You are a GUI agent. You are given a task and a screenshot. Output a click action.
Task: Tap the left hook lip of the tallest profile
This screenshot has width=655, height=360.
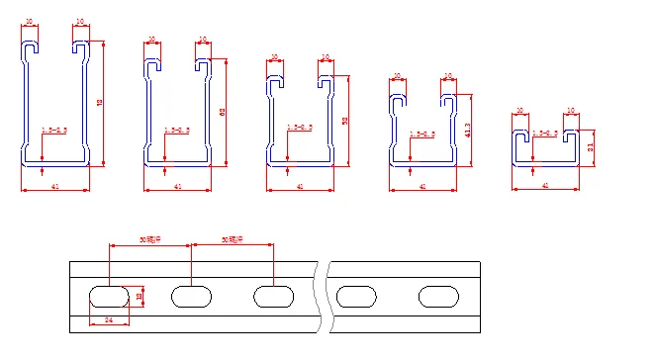[x=32, y=47]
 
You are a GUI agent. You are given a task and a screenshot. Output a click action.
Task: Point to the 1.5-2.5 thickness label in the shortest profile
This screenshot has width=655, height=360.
[x=544, y=134]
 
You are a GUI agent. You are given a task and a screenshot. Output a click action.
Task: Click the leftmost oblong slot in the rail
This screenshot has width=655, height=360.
[x=109, y=295]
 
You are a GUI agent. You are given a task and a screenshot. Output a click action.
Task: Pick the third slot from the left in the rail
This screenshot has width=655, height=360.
[x=274, y=295]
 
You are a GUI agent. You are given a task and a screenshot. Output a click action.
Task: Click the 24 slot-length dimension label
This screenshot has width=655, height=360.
[x=109, y=319]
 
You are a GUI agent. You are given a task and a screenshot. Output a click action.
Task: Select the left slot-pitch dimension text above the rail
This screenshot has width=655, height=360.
[x=150, y=239]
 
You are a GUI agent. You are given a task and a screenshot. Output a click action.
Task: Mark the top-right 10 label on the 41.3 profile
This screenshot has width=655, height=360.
[x=447, y=76]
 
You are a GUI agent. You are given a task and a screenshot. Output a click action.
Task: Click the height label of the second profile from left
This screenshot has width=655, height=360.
[x=222, y=111]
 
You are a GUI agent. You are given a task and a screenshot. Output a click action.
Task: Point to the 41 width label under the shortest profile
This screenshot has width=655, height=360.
[x=544, y=186]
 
